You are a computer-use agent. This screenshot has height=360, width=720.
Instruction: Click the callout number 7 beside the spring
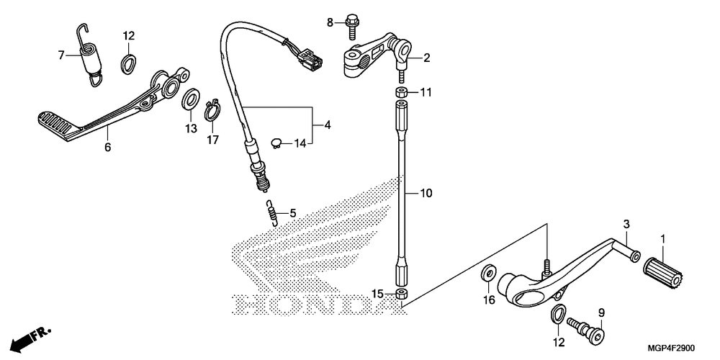62,54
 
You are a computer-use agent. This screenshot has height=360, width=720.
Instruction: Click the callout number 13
190,128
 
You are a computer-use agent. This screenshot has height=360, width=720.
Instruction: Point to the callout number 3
626,223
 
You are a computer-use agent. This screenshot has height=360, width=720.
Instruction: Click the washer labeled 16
488,274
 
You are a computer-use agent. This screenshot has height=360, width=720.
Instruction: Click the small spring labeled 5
271,212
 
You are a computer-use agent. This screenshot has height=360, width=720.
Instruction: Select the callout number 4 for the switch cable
328,125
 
